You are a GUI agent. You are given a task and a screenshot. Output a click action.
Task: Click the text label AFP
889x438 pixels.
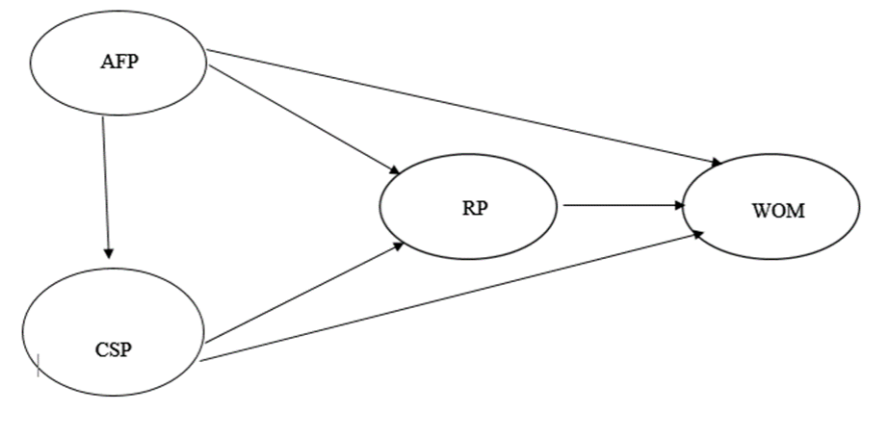[118, 61]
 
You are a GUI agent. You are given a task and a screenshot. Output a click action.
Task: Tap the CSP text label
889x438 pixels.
[114, 349]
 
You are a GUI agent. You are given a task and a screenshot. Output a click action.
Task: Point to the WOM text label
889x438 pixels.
[777, 211]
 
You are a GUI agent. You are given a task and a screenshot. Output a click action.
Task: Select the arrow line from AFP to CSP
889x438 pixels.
[106, 183]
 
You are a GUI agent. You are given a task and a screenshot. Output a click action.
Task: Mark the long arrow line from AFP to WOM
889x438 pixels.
[462, 107]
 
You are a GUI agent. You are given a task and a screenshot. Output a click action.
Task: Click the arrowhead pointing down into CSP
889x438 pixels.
[108, 252]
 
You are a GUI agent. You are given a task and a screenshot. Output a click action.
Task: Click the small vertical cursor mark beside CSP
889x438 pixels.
[38, 364]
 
